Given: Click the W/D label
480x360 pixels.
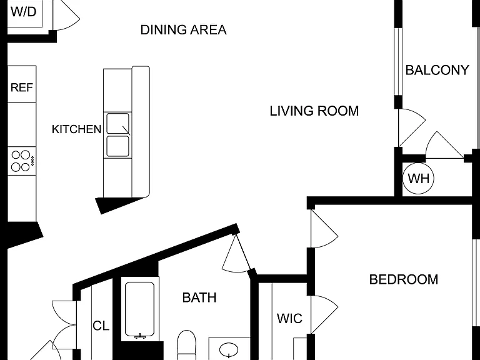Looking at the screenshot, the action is click(24, 12).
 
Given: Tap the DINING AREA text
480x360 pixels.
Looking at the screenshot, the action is click(183, 30).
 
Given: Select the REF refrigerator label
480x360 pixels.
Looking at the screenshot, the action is click(22, 87).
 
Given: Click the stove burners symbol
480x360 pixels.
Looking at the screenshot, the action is click(22, 161).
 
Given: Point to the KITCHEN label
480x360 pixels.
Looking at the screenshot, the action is click(76, 129).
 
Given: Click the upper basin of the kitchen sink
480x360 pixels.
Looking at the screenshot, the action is click(118, 124).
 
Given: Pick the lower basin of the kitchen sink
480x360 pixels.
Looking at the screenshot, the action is click(118, 146).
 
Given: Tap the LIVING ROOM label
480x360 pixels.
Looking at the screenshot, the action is click(314, 111).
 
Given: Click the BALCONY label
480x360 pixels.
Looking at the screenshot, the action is click(437, 70).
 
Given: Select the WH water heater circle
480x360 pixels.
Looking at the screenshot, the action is click(418, 178).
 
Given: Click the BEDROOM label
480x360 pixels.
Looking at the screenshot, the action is click(404, 279).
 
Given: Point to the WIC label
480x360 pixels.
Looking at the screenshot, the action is click(289, 319).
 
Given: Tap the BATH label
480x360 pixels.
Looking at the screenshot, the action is click(199, 297).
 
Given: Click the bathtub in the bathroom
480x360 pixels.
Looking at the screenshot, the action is click(139, 309).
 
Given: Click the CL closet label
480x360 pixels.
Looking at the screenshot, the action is click(101, 326).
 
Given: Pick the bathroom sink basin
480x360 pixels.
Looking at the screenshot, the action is click(229, 349).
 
